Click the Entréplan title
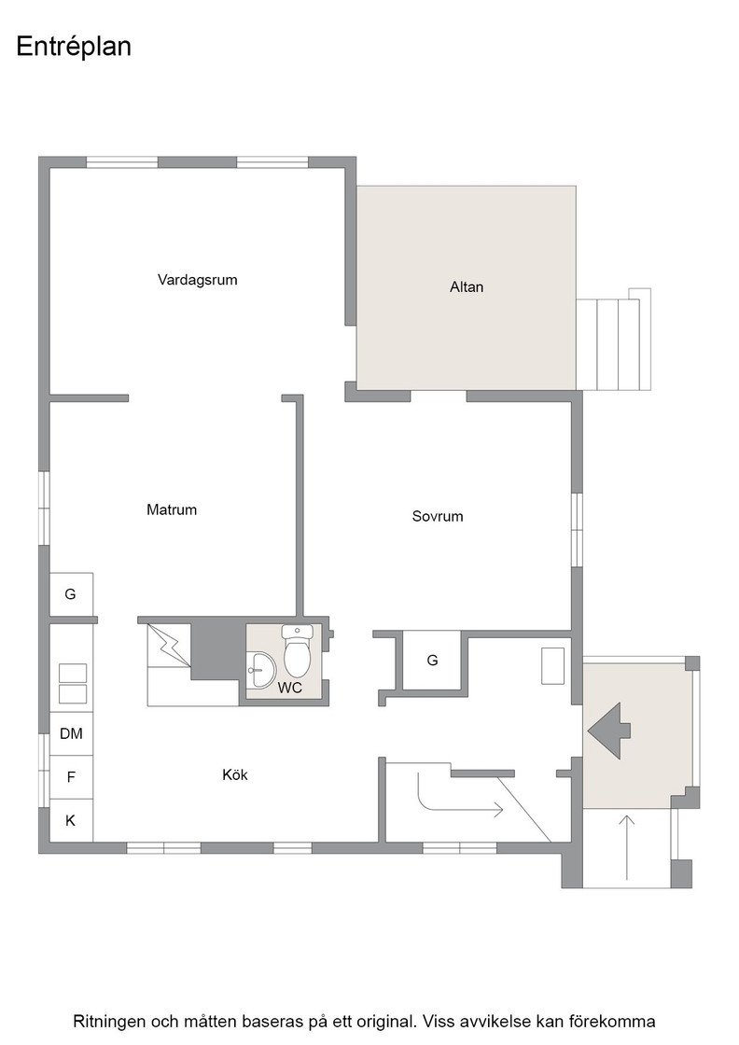coord(74,48)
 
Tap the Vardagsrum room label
coord(197,280)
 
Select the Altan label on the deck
coord(467,287)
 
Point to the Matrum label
coord(172,509)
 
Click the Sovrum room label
coord(437,517)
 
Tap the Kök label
coord(235,774)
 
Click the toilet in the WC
coord(297,652)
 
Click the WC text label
coord(290,688)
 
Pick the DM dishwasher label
coord(71,733)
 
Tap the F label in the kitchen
coord(71,777)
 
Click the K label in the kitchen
coord(71,821)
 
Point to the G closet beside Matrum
coord(70,593)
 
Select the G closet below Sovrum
coord(432,661)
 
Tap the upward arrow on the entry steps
coord(627,845)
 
